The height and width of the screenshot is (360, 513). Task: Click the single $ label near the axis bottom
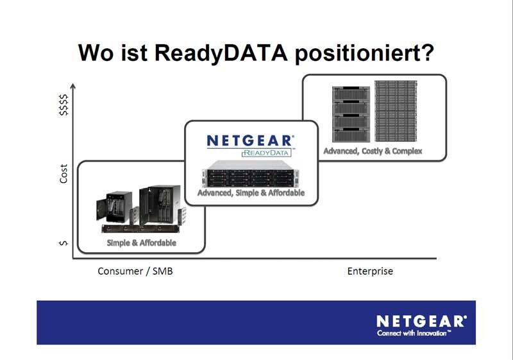coord(63,243)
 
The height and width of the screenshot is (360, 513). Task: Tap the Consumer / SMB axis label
coord(135,271)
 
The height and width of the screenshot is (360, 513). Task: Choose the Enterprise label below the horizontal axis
coord(370,271)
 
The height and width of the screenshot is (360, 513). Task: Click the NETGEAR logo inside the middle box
coord(251,141)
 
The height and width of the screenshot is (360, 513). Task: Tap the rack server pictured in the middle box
coord(251,176)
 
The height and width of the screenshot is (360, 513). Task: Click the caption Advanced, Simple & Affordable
coord(251,193)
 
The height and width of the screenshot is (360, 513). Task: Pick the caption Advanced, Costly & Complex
coord(373,151)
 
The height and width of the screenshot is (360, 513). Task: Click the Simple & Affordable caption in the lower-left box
coord(142,243)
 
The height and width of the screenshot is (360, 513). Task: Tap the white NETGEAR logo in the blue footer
coord(421,321)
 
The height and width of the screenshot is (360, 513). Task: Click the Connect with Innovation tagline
coord(414,334)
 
